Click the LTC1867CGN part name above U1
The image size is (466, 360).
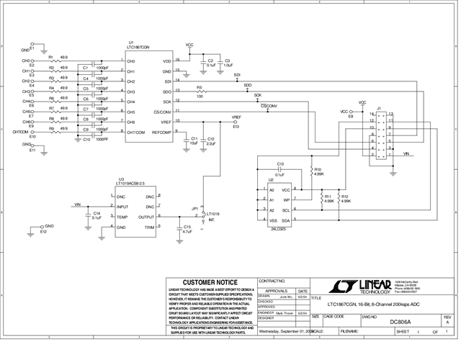tap(138, 47)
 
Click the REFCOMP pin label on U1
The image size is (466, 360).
tap(161, 132)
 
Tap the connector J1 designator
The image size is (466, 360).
tap(379, 107)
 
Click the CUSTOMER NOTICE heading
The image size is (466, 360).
tap(210, 282)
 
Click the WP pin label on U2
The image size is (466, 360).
tap(285, 199)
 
